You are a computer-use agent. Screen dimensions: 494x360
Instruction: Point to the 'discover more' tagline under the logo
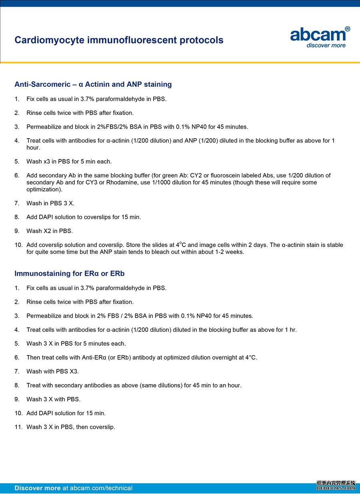point(326,45)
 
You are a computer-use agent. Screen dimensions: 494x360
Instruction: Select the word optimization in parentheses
point(44,189)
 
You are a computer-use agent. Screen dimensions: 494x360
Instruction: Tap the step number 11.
point(18,427)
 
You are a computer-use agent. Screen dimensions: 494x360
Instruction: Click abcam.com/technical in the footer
point(101,488)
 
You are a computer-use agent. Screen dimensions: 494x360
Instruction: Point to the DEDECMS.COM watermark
point(336,488)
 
